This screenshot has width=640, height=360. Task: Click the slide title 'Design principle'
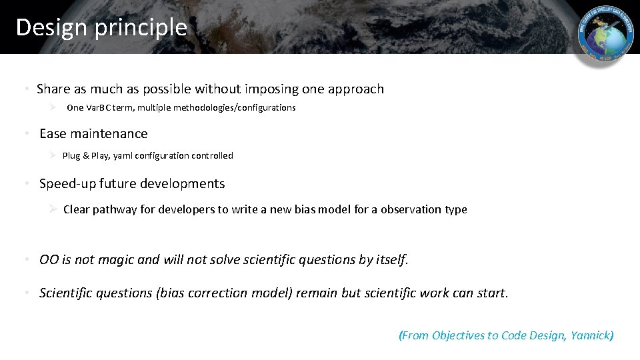click(x=101, y=27)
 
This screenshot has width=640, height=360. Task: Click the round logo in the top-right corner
click(x=606, y=40)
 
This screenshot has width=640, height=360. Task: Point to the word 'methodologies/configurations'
click(x=234, y=108)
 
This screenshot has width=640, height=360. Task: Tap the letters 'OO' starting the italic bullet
click(x=49, y=260)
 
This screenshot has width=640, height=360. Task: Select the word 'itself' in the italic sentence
click(x=390, y=260)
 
